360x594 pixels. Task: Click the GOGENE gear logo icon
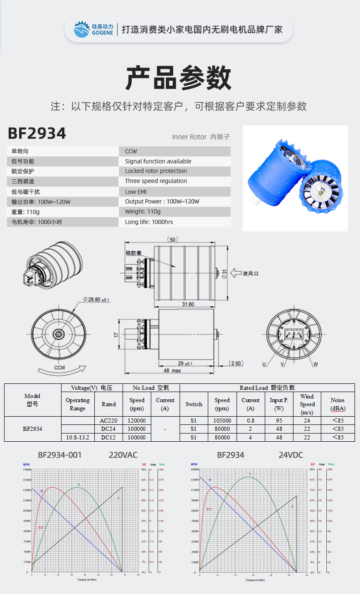[82, 30]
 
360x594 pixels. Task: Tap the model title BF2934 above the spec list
[37, 134]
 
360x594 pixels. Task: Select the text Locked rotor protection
[156, 171]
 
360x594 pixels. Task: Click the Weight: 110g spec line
[143, 212]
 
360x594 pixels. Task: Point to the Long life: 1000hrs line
[149, 222]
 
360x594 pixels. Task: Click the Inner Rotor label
[188, 137]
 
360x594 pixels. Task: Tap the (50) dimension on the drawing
[172, 239]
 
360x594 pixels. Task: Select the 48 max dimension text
[172, 371]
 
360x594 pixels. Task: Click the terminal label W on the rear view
[315, 364]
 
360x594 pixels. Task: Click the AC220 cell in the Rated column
[108, 421]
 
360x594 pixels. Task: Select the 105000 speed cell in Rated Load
[222, 421]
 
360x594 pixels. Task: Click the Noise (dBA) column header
[338, 404]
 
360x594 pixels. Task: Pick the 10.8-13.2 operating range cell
[77, 437]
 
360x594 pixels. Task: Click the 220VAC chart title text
[123, 455]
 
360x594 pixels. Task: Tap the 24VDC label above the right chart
[291, 455]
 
